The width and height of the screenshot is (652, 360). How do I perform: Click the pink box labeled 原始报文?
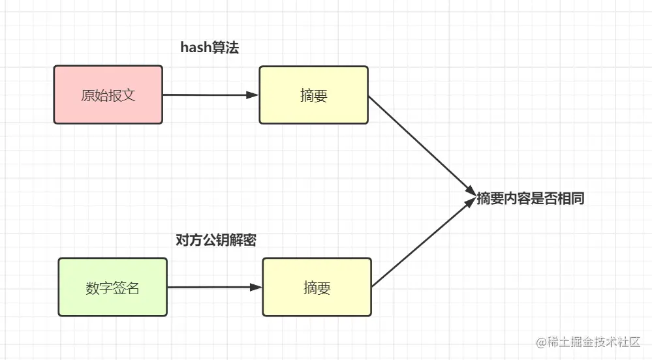coord(108,95)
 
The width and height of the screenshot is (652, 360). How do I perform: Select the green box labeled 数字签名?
coord(112,287)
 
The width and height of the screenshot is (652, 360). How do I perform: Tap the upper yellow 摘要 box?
coord(313,95)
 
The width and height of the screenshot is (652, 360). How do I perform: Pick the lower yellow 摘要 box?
coord(317,287)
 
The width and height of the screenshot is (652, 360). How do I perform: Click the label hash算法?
coord(210,48)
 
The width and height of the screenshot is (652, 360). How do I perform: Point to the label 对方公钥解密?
coord(216,240)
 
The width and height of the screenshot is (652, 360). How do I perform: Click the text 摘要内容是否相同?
coord(530,199)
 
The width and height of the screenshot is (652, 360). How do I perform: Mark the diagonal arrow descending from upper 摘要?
coord(421,143)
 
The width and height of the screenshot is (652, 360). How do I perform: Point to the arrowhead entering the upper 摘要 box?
coord(253,95)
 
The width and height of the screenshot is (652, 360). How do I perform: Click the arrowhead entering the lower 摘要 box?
coord(256,287)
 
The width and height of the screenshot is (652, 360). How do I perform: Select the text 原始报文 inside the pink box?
coord(108,95)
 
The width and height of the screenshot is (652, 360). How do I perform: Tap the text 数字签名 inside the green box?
coord(112,288)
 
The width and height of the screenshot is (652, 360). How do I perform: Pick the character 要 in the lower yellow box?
coord(324,288)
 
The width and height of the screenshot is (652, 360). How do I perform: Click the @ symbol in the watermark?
coord(541,342)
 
